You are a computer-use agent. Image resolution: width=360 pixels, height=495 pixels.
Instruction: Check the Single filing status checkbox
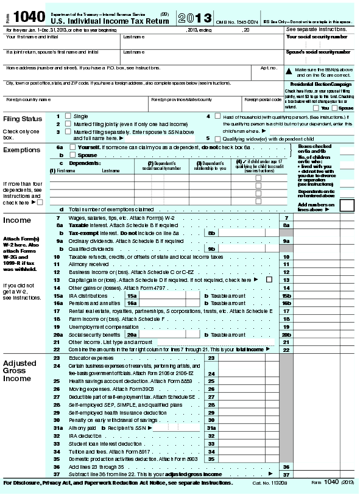coord(68,116)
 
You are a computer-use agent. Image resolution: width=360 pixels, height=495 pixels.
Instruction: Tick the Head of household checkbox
coord(217,116)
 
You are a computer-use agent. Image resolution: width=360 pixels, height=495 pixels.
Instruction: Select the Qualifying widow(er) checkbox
coord(217,138)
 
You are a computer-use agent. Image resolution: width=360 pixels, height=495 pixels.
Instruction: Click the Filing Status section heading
coord(23,119)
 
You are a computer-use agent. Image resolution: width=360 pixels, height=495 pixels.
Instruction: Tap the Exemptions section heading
coord(22,150)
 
